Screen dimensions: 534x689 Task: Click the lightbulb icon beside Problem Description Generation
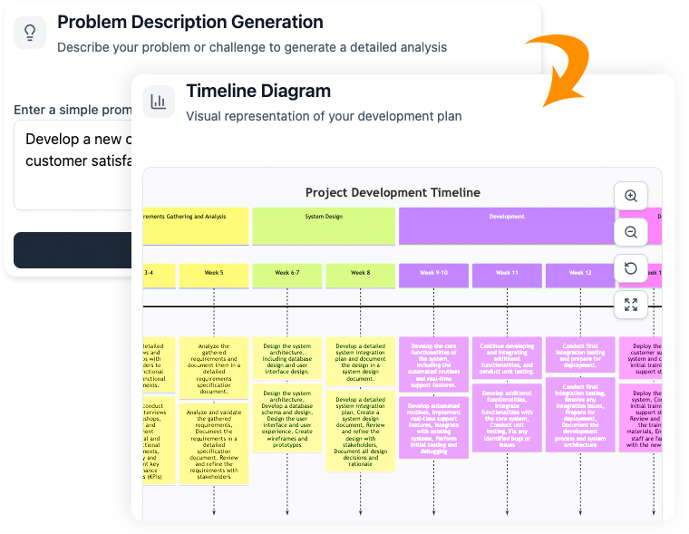(x=30, y=33)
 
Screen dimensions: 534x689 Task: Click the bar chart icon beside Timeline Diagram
(x=159, y=102)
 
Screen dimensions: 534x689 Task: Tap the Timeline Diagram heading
(x=258, y=91)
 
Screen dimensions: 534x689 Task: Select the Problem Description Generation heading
(x=189, y=22)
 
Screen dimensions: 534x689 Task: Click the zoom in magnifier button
(x=631, y=196)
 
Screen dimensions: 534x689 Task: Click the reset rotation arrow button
(x=631, y=268)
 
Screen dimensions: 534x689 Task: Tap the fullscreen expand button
(x=631, y=305)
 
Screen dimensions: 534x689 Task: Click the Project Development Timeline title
(x=393, y=192)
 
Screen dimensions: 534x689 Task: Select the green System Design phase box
(x=324, y=226)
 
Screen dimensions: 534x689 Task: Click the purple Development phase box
(x=507, y=226)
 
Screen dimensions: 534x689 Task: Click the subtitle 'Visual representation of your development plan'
(x=324, y=116)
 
